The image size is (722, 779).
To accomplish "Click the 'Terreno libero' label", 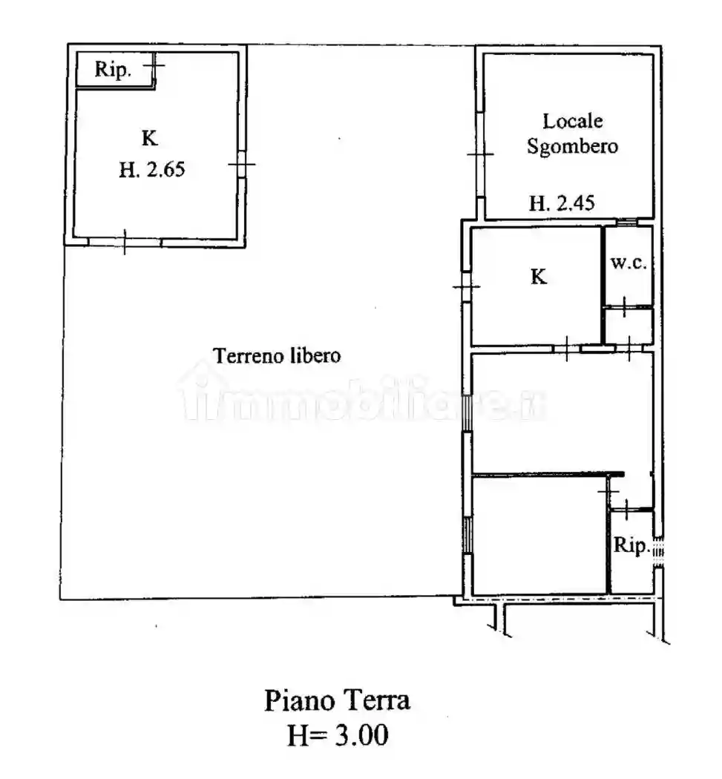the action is pyautogui.click(x=277, y=355).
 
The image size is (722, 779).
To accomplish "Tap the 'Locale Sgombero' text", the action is pyautogui.click(x=572, y=134).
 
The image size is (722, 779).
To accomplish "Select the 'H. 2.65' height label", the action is pyautogui.click(x=152, y=169).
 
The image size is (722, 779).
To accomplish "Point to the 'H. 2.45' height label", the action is pyautogui.click(x=562, y=203).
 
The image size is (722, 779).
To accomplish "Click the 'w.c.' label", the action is pyautogui.click(x=629, y=263).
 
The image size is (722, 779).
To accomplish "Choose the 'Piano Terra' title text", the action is pyautogui.click(x=337, y=700).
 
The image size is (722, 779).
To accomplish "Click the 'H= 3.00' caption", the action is pyautogui.click(x=338, y=734).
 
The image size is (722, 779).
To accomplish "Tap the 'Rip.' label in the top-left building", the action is pyautogui.click(x=113, y=69).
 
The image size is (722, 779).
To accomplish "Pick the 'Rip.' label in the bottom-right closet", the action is pyautogui.click(x=631, y=545).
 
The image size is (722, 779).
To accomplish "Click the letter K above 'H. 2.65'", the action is pyautogui.click(x=150, y=137).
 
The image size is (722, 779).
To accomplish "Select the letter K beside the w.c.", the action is pyautogui.click(x=539, y=276).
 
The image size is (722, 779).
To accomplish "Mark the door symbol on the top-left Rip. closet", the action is pyautogui.click(x=154, y=65).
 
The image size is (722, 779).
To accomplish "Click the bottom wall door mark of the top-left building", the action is pyautogui.click(x=124, y=242).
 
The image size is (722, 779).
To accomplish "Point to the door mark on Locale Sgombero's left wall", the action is pyautogui.click(x=481, y=154).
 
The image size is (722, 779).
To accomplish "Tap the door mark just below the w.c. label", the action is pyautogui.click(x=624, y=306).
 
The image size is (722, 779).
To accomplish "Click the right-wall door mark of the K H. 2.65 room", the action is pyautogui.click(x=241, y=164).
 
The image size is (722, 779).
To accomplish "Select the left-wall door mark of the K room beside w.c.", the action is pyautogui.click(x=467, y=286).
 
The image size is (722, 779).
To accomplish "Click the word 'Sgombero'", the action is pyautogui.click(x=572, y=147).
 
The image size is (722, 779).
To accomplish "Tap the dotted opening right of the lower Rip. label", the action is pyautogui.click(x=658, y=551).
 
